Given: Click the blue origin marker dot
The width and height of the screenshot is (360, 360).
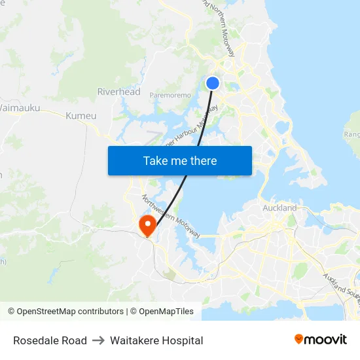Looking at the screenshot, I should (x=213, y=83).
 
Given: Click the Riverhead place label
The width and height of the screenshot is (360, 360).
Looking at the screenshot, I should (x=118, y=92).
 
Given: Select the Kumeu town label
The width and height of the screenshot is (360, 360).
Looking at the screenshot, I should (x=81, y=116).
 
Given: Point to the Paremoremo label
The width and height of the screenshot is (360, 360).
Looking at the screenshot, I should (x=170, y=96).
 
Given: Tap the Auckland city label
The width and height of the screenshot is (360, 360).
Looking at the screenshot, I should (x=279, y=208).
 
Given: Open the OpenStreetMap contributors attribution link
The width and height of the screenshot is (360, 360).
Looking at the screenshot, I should (x=70, y=312).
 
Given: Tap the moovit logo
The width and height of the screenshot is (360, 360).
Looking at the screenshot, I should (x=321, y=339).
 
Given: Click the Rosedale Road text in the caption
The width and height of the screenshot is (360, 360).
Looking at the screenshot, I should (x=50, y=340).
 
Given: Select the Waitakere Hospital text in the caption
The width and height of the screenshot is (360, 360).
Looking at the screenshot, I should (x=156, y=340).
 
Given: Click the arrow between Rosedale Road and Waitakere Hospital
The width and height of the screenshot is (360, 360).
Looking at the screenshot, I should (x=98, y=340).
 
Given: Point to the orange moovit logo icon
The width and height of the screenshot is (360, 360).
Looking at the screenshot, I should (x=299, y=339).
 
